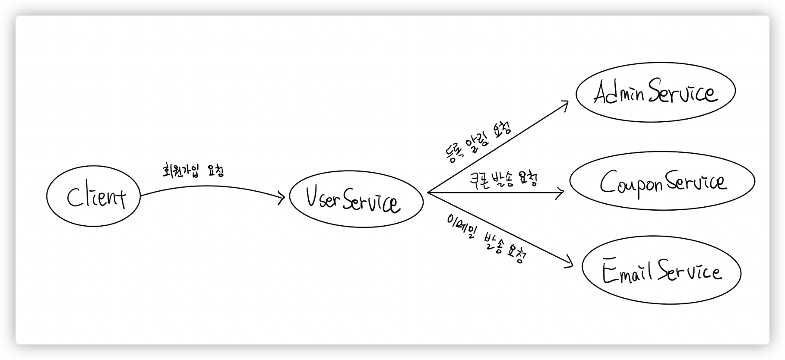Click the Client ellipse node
point(93,196)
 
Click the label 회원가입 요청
point(192,171)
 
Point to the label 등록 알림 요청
point(478,142)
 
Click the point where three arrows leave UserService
point(427,193)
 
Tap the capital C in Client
point(74,198)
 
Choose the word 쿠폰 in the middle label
point(479,179)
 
